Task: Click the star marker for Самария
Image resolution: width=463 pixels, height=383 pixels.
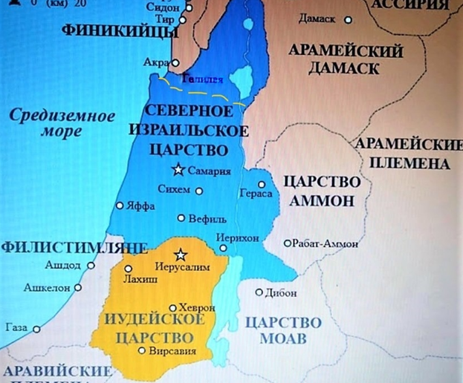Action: pyautogui.click(x=178, y=169)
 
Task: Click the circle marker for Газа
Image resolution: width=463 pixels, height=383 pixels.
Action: pyautogui.click(x=35, y=327)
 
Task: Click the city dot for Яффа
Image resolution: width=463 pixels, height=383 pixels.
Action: pyautogui.click(x=119, y=206)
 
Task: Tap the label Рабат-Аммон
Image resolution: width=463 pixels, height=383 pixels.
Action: pyautogui.click(x=326, y=243)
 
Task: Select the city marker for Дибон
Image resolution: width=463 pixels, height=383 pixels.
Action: pyautogui.click(x=259, y=292)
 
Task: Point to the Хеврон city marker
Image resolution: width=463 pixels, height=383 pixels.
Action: pyautogui.click(x=172, y=307)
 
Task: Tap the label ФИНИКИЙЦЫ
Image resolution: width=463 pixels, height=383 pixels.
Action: pyautogui.click(x=112, y=31)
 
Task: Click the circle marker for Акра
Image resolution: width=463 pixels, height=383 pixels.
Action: pyautogui.click(x=175, y=62)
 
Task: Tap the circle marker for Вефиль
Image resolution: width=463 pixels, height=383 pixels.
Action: pyautogui.click(x=181, y=217)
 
